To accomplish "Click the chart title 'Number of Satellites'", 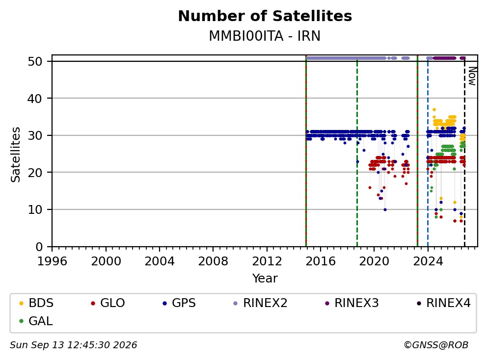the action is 265,16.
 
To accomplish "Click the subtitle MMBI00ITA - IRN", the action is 265,36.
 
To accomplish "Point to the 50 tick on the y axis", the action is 35,61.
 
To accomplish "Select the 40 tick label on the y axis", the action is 35,99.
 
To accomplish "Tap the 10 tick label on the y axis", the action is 35,210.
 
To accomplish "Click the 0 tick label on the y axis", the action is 39,247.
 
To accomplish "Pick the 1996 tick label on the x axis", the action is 52,261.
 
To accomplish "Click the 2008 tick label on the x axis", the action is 213,261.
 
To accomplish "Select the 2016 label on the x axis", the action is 321,261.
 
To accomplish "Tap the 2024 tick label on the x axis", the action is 428,261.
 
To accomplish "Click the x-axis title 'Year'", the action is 265,279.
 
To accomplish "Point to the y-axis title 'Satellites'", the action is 16,154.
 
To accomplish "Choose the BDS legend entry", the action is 36,303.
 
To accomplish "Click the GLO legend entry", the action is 108,303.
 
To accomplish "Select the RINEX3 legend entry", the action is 352,303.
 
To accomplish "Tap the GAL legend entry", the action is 36,321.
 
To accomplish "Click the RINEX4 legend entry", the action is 443,303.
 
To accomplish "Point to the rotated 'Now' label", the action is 472,77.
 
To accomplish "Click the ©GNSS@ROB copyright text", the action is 436,345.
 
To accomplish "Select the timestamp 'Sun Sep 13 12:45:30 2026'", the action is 73,345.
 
